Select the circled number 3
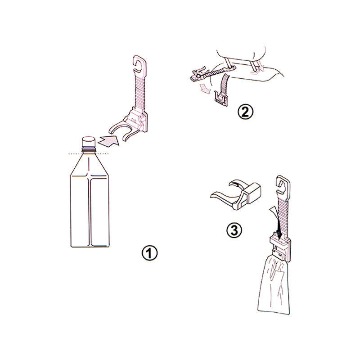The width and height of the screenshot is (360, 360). point(234,230)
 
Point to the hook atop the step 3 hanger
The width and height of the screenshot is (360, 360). point(282,185)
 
